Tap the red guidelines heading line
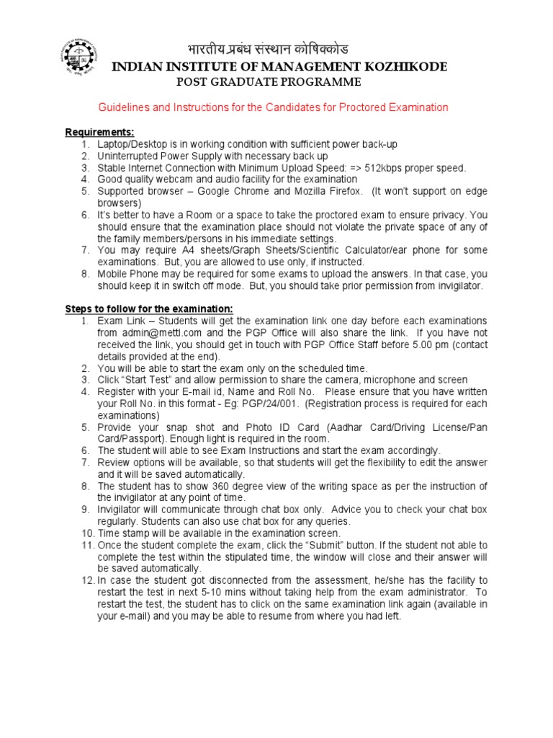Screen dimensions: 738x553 coord(273,107)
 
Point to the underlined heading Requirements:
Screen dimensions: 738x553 coord(99,132)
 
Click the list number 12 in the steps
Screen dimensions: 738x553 coord(88,580)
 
